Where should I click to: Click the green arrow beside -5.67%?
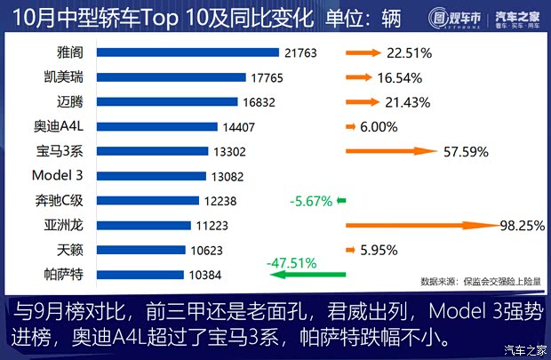[341, 201]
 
